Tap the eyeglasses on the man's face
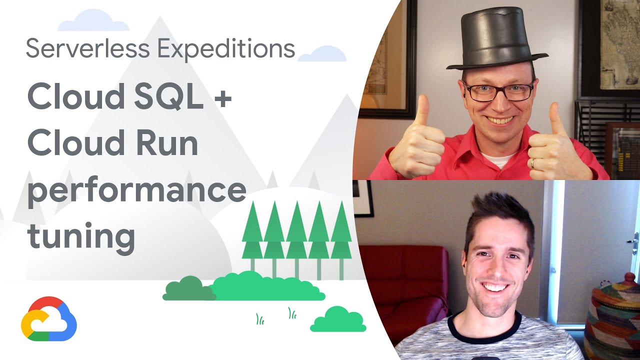498,91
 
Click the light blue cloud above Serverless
93,21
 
